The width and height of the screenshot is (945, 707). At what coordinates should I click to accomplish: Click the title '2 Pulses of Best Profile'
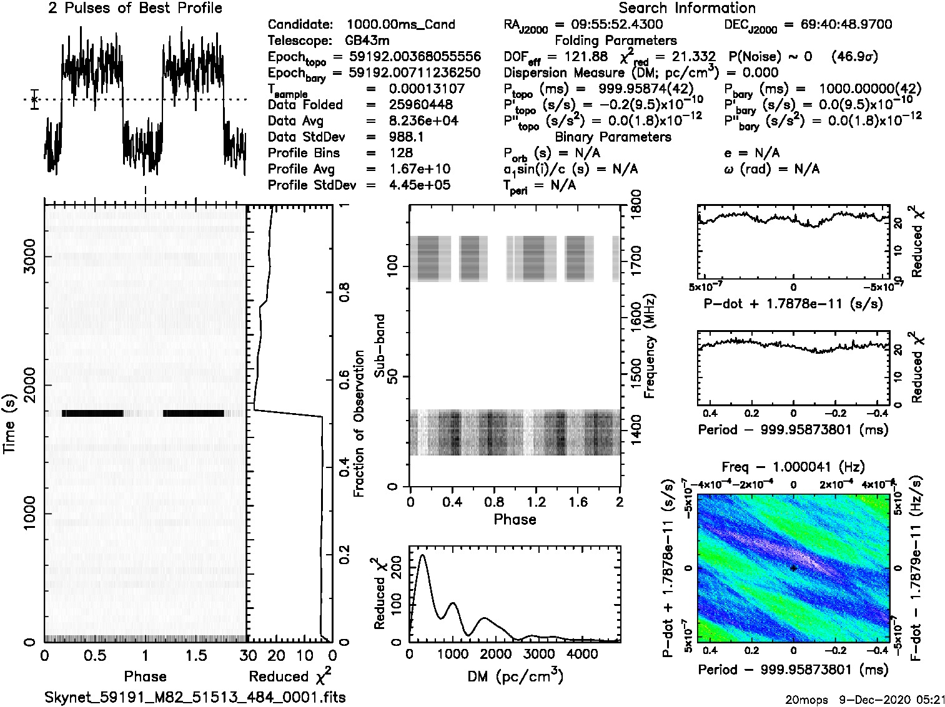pyautogui.click(x=135, y=8)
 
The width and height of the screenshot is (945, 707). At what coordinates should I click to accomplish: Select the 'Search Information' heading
pyautogui.click(x=687, y=8)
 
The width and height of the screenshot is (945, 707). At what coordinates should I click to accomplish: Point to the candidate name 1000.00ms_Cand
pyautogui.click(x=400, y=24)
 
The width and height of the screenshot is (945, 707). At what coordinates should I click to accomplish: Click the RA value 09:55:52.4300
pyautogui.click(x=609, y=24)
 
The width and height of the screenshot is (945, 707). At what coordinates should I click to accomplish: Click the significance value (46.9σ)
pyautogui.click(x=855, y=57)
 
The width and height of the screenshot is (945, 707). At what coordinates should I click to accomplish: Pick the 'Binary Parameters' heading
pyautogui.click(x=613, y=137)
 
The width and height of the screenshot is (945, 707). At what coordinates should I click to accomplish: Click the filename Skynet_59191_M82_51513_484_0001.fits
pyautogui.click(x=195, y=697)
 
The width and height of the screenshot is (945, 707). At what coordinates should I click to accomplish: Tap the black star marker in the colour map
pyautogui.click(x=793, y=568)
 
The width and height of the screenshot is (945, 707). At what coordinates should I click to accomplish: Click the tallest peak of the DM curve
pyautogui.click(x=423, y=555)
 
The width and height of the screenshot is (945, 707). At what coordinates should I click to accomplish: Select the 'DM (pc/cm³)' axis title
pyautogui.click(x=515, y=676)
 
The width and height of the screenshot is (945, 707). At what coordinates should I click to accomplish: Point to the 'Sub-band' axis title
pyautogui.click(x=380, y=346)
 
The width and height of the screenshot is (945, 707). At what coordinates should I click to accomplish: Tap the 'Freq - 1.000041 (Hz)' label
pyautogui.click(x=793, y=467)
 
